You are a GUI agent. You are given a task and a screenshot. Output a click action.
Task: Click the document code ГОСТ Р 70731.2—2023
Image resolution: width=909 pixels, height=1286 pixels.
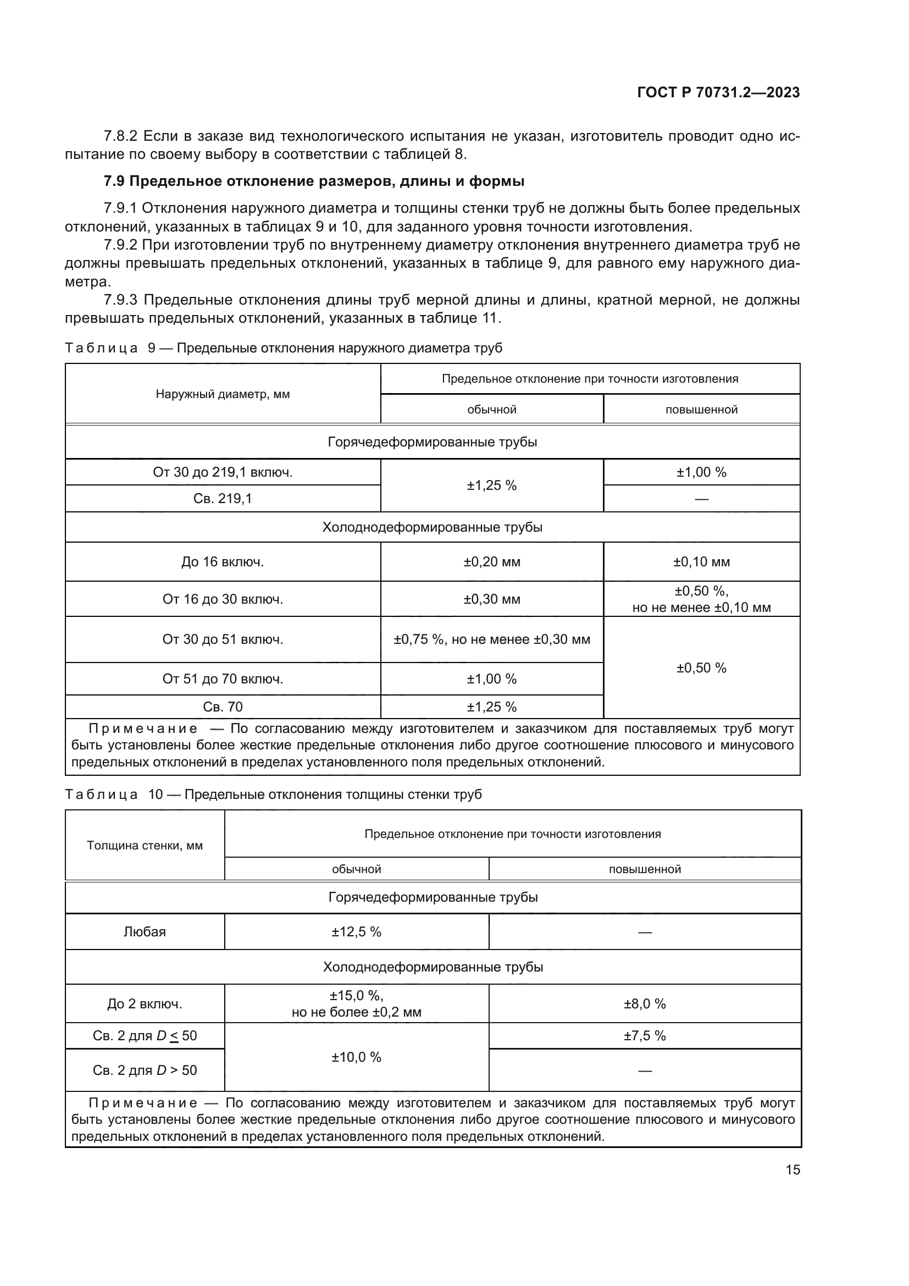718,92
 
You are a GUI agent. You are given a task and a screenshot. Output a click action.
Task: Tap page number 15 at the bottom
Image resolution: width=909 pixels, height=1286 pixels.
792,1169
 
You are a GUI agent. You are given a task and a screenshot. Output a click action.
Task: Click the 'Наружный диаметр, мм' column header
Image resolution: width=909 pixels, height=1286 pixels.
223,394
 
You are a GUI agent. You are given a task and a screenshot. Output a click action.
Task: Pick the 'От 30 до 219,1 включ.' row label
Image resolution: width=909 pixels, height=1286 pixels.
223,472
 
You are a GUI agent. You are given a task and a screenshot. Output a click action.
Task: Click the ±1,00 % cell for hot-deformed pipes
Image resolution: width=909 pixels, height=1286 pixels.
701,472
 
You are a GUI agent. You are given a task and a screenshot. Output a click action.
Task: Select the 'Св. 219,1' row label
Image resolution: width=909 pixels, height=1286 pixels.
223,498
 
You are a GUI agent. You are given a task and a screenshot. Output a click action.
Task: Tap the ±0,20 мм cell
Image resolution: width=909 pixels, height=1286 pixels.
491,562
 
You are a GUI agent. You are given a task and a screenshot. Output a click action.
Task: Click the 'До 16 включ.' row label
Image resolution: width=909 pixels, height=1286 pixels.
223,562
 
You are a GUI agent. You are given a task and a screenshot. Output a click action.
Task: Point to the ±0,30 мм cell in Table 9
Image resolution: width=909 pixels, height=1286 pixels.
491,599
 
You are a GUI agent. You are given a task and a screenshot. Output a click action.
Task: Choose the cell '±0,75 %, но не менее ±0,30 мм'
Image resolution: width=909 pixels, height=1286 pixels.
491,639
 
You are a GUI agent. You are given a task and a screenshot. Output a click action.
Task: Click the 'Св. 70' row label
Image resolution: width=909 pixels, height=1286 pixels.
223,707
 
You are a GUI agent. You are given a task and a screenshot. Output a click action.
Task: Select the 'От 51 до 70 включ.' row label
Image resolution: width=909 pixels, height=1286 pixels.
223,679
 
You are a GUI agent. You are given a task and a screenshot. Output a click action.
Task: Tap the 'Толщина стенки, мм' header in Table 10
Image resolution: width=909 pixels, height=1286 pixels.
145,845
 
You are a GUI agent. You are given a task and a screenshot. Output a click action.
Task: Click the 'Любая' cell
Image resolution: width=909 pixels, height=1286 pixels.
145,932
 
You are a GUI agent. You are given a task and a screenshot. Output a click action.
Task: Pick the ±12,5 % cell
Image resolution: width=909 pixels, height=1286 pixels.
356,932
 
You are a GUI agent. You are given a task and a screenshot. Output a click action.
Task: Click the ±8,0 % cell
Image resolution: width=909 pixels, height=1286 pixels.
644,1004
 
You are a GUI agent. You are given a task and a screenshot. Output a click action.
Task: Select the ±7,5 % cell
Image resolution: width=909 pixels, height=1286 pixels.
644,1036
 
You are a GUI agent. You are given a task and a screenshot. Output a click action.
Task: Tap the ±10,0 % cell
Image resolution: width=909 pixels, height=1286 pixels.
356,1057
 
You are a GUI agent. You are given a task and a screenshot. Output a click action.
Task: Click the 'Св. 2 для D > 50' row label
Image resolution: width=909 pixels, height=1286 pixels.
145,1070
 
